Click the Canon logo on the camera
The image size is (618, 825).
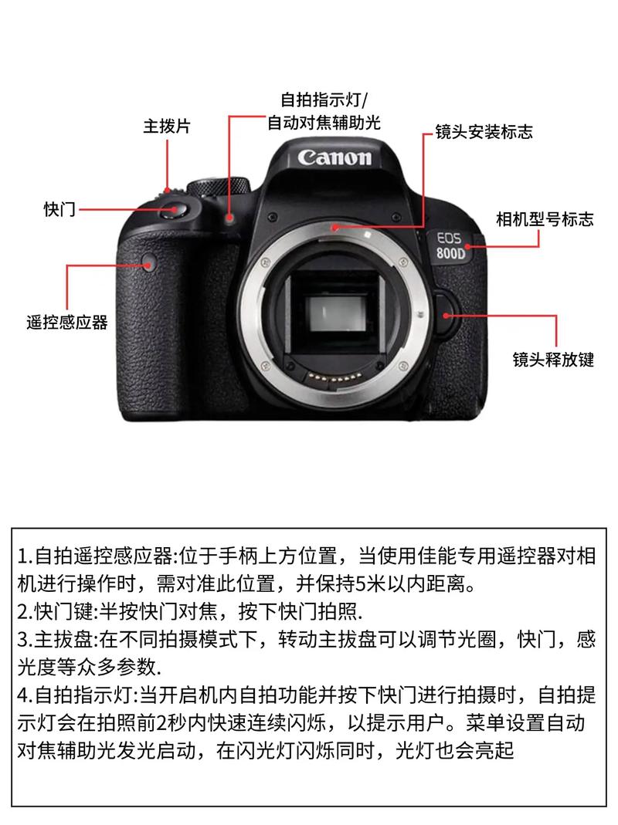334,157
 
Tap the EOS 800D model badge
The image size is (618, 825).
450,246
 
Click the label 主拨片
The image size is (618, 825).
167,127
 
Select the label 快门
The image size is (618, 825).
59,209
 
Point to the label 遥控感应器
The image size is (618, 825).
67,322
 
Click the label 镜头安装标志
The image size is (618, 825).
484,131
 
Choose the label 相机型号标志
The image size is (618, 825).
545,219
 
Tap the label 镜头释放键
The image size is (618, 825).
553,360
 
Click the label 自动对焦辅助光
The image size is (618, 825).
324,123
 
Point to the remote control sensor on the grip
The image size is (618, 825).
148,262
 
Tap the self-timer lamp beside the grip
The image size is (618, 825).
229,218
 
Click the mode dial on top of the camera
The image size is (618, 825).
219,188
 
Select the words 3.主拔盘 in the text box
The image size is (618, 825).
56,639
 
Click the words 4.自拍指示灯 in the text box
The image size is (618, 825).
77,695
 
